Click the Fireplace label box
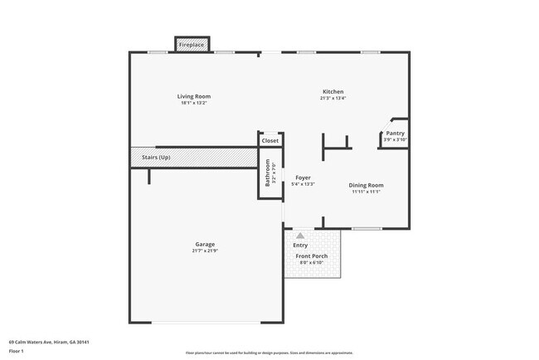click(192, 45)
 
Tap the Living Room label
click(193, 96)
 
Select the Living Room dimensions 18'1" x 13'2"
click(193, 103)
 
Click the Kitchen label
click(333, 91)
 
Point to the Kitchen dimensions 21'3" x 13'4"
click(333, 98)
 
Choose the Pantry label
click(396, 133)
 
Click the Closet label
click(270, 141)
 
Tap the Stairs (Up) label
click(157, 157)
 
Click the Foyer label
click(303, 178)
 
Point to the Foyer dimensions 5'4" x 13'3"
click(303, 184)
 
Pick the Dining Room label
click(366, 185)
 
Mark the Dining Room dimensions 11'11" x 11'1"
click(366, 192)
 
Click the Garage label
click(205, 244)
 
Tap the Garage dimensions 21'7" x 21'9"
click(205, 251)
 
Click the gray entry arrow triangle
click(300, 236)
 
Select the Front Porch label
click(312, 256)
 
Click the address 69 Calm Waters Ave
click(49, 341)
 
